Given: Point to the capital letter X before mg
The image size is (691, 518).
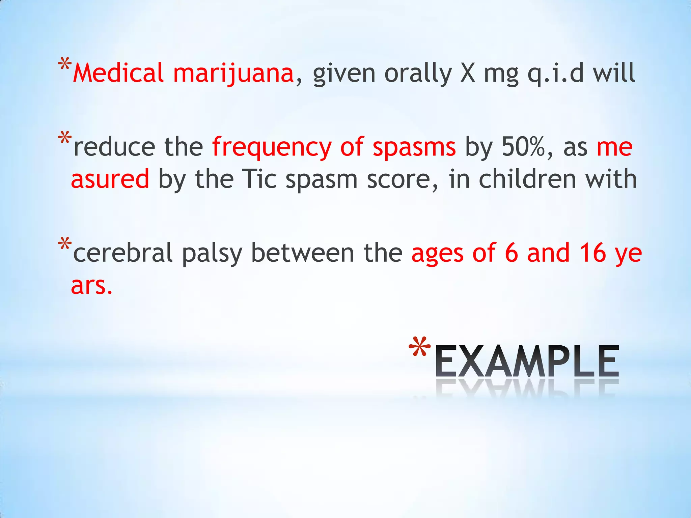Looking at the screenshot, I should [x=468, y=74].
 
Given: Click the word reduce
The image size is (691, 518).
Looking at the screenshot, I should [x=114, y=147].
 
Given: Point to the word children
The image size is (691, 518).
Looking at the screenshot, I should [x=527, y=179].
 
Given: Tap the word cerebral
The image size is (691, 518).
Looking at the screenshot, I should [x=123, y=253].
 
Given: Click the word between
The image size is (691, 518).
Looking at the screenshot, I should [x=303, y=253].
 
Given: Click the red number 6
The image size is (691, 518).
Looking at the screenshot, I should [x=511, y=253].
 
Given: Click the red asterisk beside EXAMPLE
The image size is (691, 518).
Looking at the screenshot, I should [x=419, y=347].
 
